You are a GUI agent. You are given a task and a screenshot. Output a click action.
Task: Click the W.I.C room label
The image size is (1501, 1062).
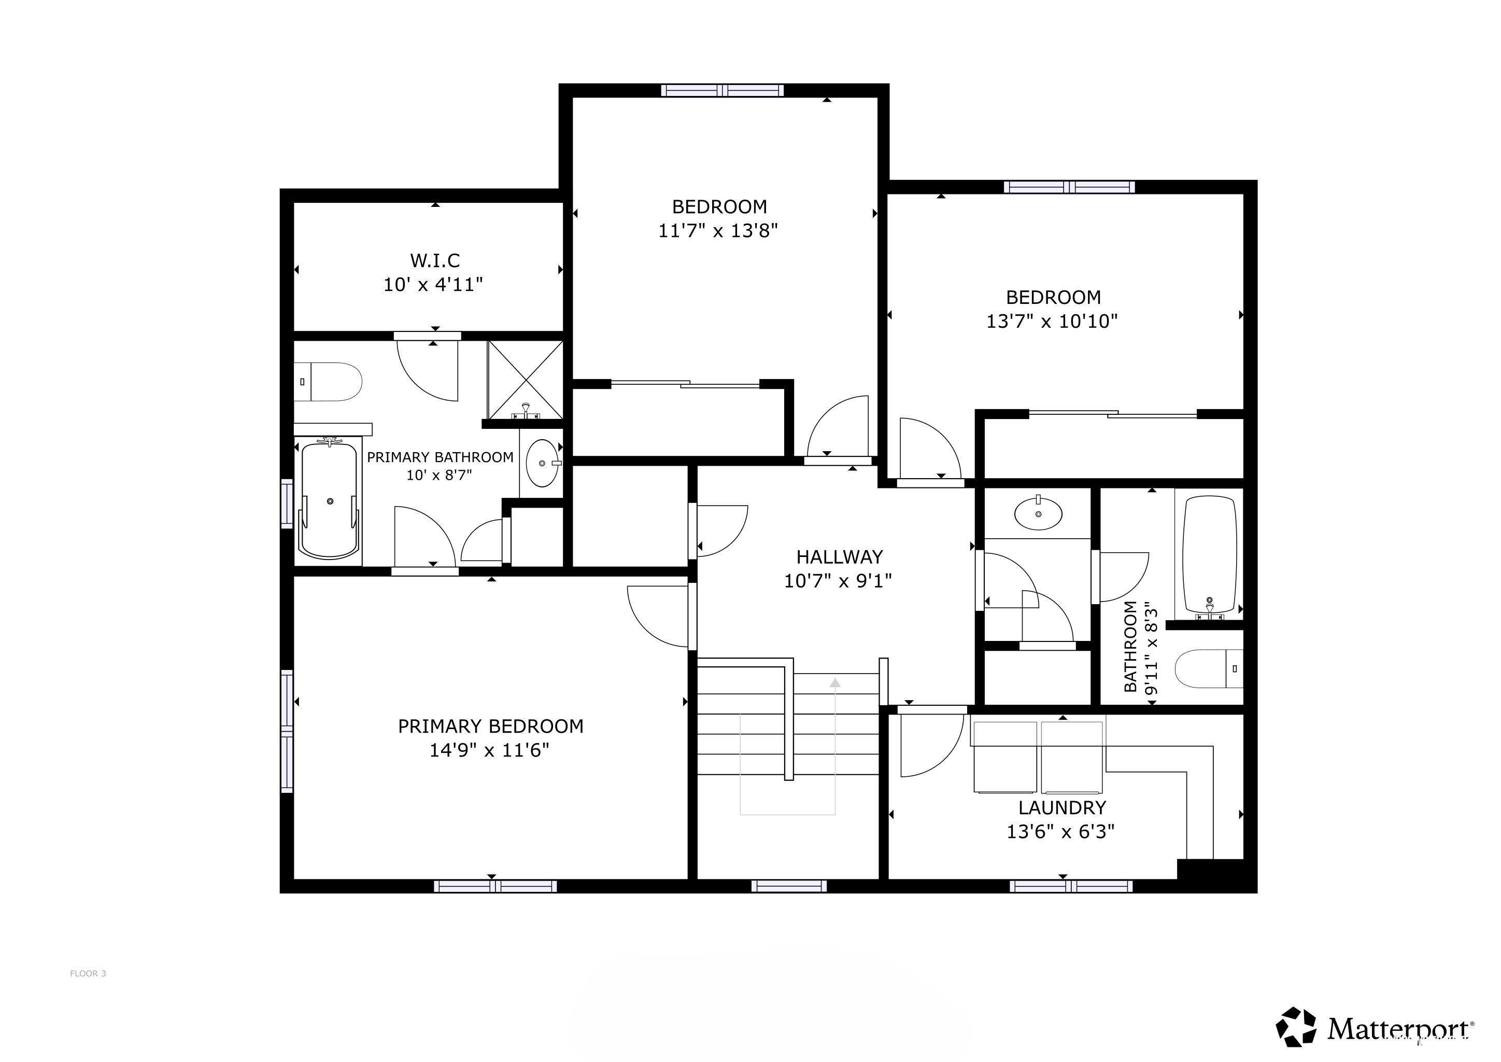(435, 260)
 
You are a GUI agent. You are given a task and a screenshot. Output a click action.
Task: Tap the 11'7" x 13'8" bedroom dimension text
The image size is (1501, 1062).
(718, 231)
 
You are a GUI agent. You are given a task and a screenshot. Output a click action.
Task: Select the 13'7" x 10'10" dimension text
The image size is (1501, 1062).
(1052, 321)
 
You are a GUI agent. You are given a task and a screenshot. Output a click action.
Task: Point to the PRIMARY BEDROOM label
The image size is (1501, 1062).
(490, 726)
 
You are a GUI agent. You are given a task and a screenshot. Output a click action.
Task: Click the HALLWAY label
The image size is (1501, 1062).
(840, 556)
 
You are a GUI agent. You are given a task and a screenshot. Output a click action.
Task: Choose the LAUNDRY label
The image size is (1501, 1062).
(1061, 807)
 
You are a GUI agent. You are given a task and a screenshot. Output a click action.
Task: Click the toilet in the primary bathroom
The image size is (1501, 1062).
(328, 381)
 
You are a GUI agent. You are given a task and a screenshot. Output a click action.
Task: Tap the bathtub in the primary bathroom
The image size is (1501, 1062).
(330, 500)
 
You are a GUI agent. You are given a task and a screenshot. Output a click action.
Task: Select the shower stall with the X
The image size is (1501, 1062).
(525, 380)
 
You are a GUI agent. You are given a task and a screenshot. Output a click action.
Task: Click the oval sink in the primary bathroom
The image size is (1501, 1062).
(543, 463)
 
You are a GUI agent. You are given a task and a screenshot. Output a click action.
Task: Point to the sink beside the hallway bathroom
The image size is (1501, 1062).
(1038, 513)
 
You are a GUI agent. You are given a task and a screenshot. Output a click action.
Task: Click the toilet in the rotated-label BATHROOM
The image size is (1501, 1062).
(1209, 668)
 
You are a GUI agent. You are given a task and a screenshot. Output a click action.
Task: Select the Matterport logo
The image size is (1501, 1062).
(1376, 1027)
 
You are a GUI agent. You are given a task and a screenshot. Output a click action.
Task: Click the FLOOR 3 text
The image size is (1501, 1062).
(88, 974)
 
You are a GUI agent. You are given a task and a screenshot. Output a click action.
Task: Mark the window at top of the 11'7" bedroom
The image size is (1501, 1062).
(722, 90)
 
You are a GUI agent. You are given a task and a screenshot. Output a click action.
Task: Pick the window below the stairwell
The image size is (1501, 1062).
(788, 886)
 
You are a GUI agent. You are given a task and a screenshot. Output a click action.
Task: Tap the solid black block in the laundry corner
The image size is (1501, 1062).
(1210, 870)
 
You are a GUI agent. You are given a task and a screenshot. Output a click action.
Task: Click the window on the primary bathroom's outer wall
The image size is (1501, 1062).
(286, 504)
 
